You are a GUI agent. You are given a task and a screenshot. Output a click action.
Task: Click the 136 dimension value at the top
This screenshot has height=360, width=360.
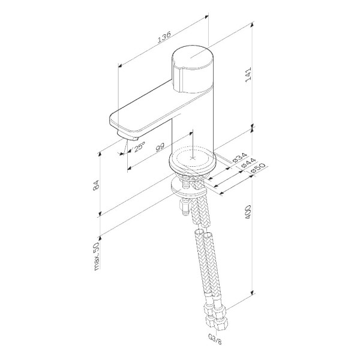[x=162, y=38]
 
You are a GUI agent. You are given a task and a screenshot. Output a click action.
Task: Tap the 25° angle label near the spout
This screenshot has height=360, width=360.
[x=139, y=145]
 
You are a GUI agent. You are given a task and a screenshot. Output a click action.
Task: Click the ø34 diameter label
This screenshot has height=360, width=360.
[x=239, y=158]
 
